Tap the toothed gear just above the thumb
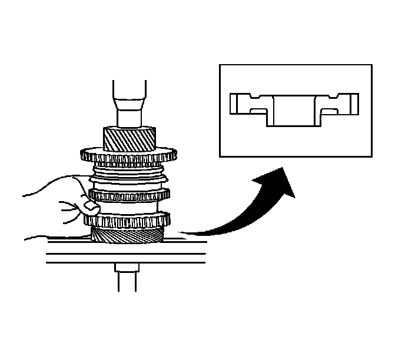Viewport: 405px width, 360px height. click(130, 194)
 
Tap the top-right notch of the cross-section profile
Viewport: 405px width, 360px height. click(334, 95)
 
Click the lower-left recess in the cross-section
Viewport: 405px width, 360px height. click(259, 111)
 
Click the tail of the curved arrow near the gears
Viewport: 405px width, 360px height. click(182, 234)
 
